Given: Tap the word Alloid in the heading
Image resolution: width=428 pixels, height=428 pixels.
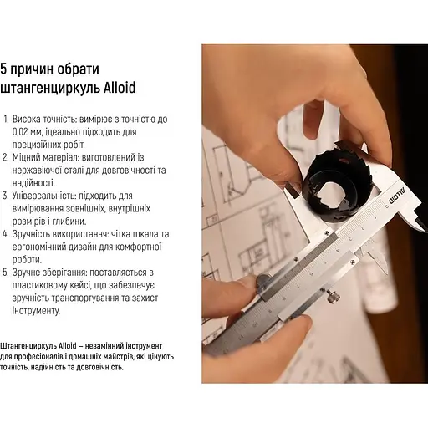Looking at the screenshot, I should [115, 87].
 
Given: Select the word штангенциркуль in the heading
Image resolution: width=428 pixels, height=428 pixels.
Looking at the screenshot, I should [48, 87].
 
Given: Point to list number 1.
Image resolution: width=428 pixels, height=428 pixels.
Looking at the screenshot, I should [8, 120].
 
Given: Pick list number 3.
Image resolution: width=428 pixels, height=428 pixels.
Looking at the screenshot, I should [8, 195].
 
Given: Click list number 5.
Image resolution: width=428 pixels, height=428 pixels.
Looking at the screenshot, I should [8, 273].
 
